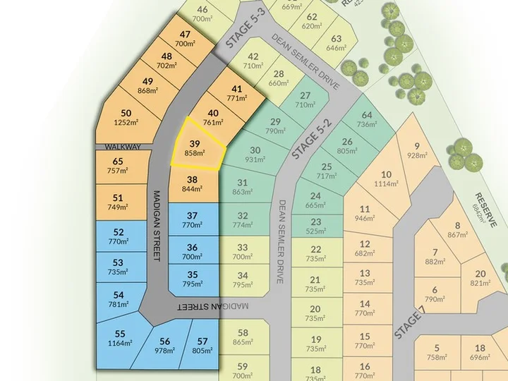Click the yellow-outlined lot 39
click(x=195, y=147)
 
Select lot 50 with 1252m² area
click(x=126, y=117)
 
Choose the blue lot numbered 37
click(x=192, y=220)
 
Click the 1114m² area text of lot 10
click(x=385, y=184)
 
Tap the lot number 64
click(x=367, y=115)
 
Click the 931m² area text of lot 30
click(x=255, y=159)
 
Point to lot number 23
click(x=315, y=221)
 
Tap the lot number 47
click(x=186, y=34)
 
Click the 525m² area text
click(x=315, y=231)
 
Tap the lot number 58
click(x=243, y=333)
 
